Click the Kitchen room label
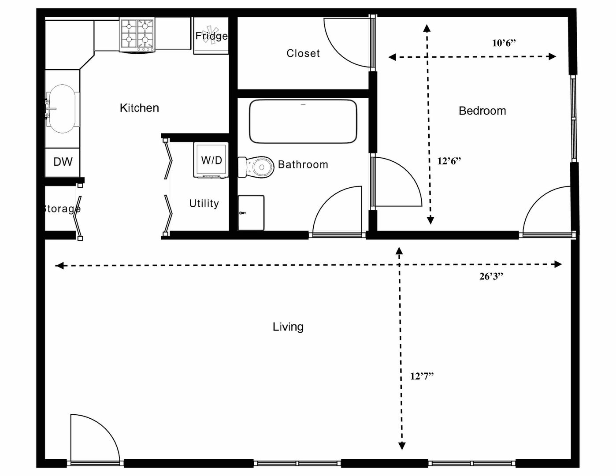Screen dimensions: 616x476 pyautogui.click(x=139, y=108)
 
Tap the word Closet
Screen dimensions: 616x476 pyautogui.click(x=303, y=53)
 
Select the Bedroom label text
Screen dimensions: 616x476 pyautogui.click(x=482, y=111)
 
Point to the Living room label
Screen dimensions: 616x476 pyautogui.click(x=288, y=327)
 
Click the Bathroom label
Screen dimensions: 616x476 pyautogui.click(x=303, y=164)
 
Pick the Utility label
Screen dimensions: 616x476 pyautogui.click(x=204, y=204)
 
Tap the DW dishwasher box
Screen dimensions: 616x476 pyautogui.click(x=63, y=162)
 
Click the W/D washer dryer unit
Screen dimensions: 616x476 pyautogui.click(x=211, y=160)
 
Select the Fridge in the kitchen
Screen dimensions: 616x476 pyautogui.click(x=211, y=36)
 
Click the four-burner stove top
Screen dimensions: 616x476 pyautogui.click(x=137, y=34)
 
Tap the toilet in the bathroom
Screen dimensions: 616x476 pyautogui.click(x=256, y=167)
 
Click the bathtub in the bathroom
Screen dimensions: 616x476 pyautogui.click(x=303, y=121)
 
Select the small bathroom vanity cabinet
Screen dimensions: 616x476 pyautogui.click(x=251, y=212)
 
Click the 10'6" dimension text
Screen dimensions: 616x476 pyautogui.click(x=504, y=43)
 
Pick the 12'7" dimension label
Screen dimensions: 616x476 pyautogui.click(x=422, y=376)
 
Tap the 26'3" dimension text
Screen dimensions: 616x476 pyautogui.click(x=491, y=276)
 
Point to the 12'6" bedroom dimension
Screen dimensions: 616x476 pyautogui.click(x=449, y=161)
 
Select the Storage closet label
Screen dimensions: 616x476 pyautogui.click(x=62, y=209)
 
